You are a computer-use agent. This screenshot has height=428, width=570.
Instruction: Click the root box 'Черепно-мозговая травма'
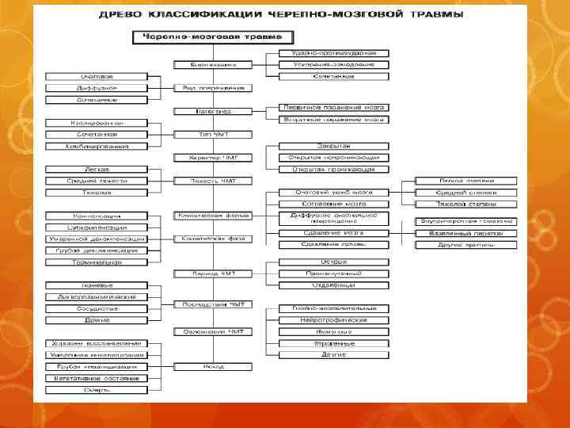click(195, 36)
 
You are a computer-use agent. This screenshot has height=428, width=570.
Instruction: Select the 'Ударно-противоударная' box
click(333, 52)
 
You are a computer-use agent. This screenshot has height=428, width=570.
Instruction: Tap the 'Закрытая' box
click(333, 146)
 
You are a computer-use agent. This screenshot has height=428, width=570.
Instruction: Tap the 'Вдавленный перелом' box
click(467, 233)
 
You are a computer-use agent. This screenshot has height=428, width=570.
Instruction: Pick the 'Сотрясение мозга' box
click(333, 204)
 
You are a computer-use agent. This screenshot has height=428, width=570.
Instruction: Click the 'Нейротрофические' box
click(333, 320)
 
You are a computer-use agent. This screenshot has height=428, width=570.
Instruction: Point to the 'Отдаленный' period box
click(333, 285)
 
